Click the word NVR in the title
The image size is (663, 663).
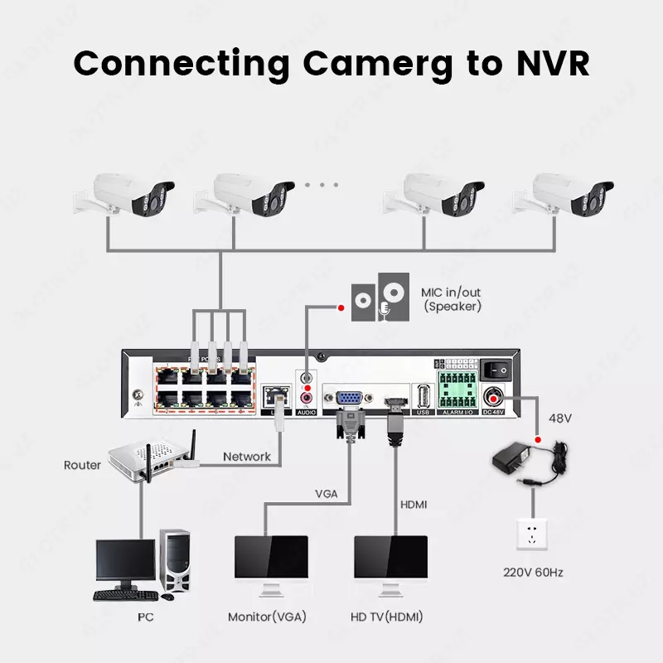tap(548, 63)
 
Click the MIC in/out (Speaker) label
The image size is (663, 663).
tap(452, 299)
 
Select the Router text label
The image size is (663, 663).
tap(82, 465)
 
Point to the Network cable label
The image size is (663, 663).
tap(247, 457)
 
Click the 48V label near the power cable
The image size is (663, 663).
tap(561, 419)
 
